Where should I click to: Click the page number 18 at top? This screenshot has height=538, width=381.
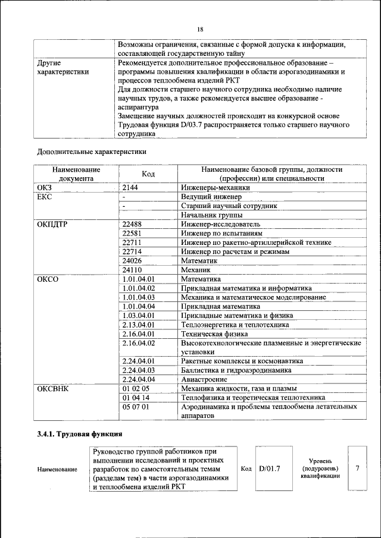(200, 30)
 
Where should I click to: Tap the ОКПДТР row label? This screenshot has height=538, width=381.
(52, 224)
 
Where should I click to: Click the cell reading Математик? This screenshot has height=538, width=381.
(199, 260)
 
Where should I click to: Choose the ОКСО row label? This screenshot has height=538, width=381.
(48, 279)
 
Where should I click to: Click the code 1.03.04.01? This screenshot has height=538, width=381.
(138, 316)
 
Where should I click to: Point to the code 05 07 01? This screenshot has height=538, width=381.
(136, 407)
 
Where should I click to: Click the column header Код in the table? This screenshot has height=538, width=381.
(148, 174)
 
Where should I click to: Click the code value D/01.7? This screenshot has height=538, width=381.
(270, 468)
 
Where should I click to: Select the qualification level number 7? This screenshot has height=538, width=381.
(357, 468)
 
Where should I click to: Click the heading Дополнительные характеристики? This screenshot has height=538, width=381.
(92, 152)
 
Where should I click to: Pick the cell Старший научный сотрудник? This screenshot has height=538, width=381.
(229, 206)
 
